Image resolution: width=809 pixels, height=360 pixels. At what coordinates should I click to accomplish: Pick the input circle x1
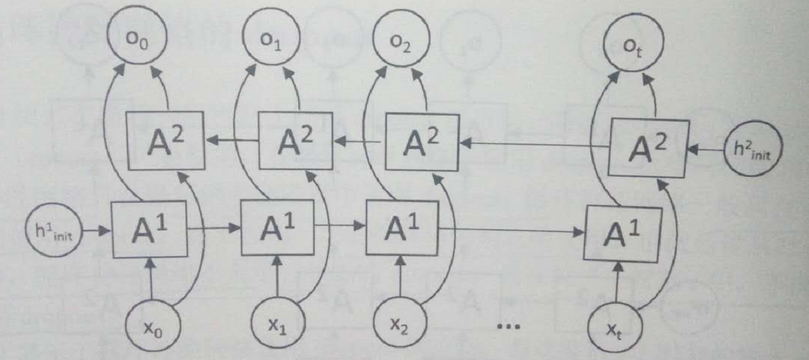(x=278, y=329)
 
